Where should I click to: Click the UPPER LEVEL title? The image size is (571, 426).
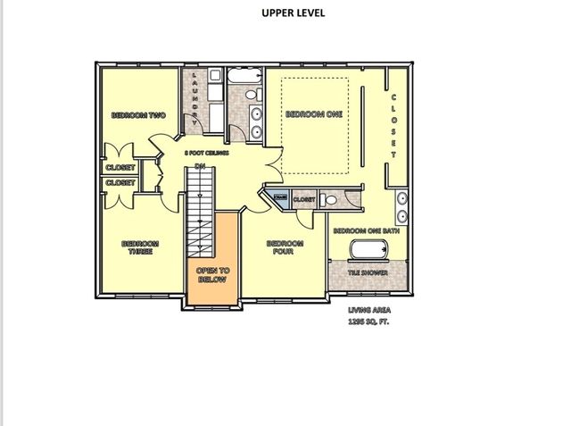[x=293, y=13]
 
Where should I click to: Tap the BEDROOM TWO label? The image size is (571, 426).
[x=139, y=115]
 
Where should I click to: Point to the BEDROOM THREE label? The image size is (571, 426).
[x=140, y=247]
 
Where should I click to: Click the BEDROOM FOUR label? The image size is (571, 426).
[x=285, y=247]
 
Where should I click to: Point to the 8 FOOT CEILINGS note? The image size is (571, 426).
[x=207, y=154]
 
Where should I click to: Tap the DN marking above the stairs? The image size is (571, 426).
[x=201, y=165]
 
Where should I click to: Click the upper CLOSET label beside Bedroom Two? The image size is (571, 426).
[x=120, y=167]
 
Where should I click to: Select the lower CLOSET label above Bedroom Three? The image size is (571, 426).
[x=120, y=183]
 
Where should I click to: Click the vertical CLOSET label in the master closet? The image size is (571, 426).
[x=393, y=125]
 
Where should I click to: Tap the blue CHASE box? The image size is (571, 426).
[x=280, y=198]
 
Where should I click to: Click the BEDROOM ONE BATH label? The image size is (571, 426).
[x=367, y=230]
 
